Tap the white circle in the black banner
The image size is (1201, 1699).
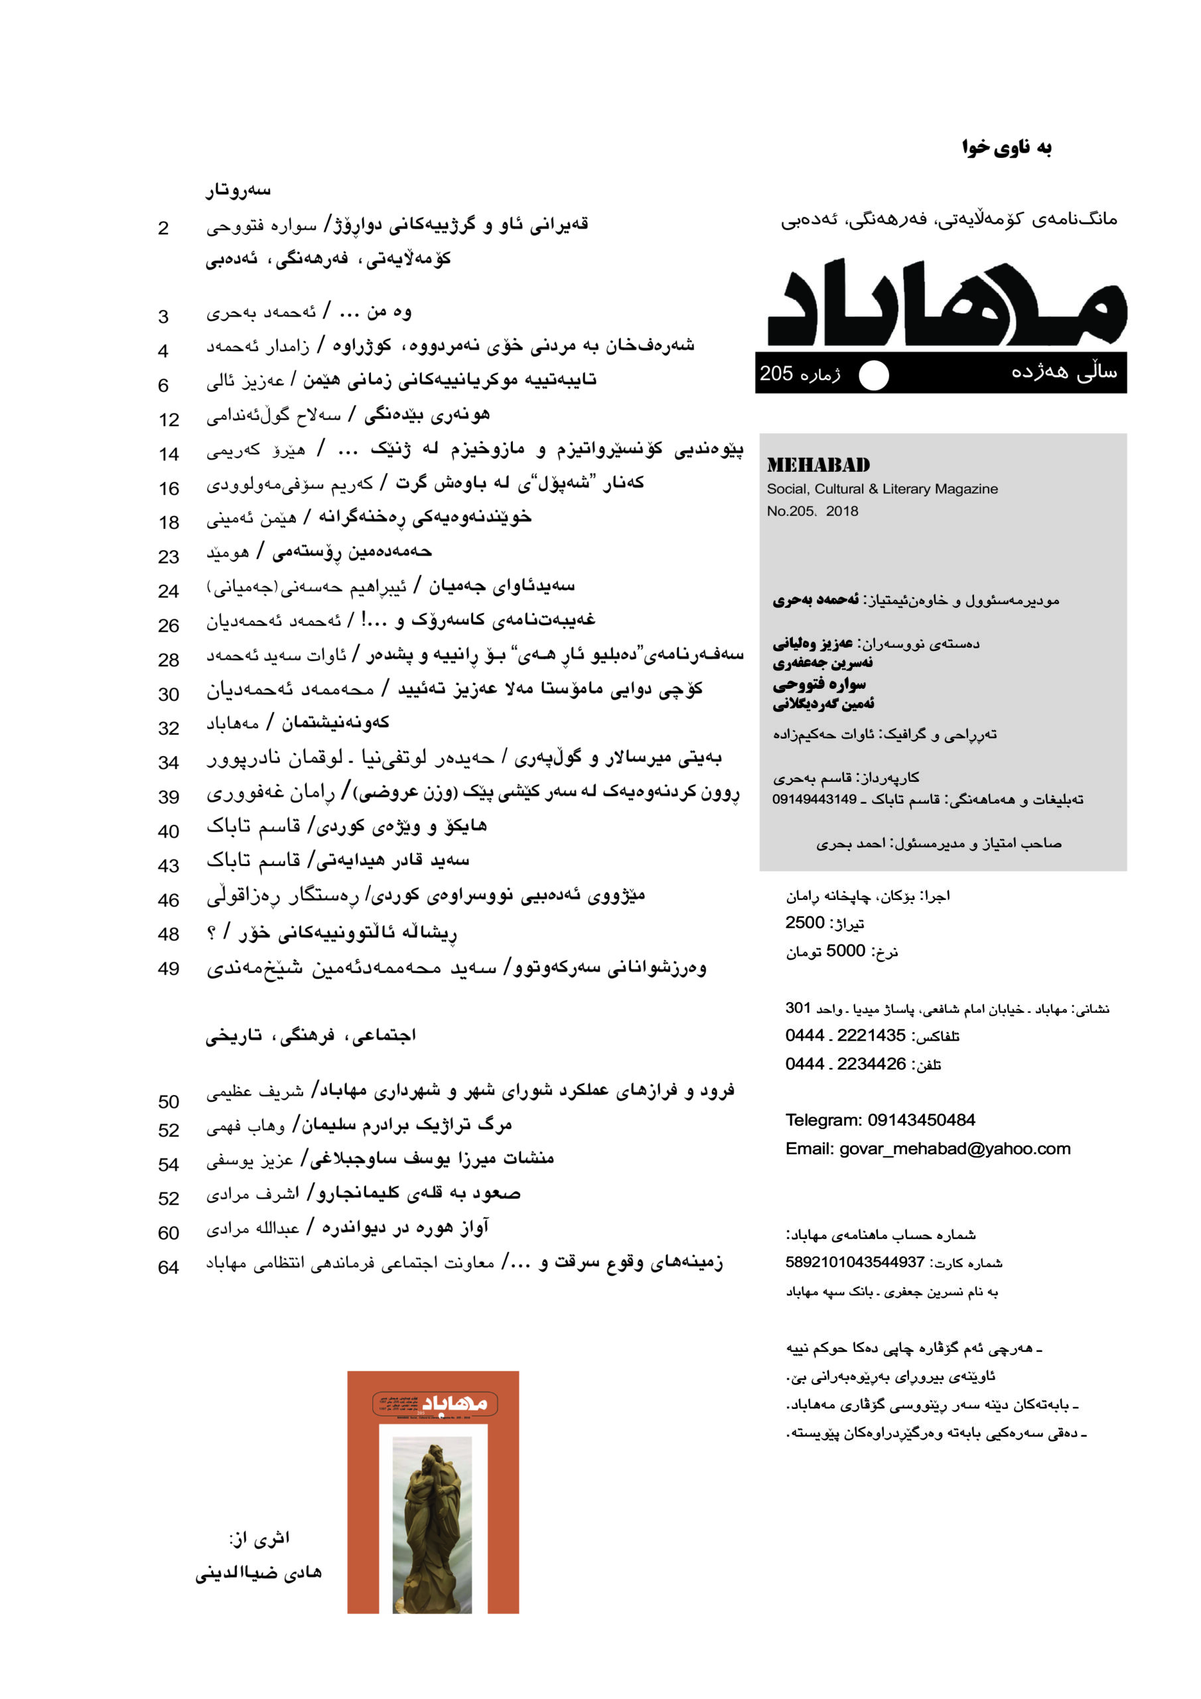[873, 374]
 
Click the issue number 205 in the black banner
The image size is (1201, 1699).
[776, 374]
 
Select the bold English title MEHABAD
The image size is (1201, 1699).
[817, 465]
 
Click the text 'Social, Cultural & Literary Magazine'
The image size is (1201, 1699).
[882, 489]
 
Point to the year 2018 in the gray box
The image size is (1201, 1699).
[842, 511]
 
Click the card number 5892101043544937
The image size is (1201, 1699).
[855, 1262]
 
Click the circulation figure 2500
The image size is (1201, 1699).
[805, 923]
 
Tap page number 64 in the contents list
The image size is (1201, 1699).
[169, 1268]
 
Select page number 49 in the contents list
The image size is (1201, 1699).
[169, 969]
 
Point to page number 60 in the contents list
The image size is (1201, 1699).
[169, 1234]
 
